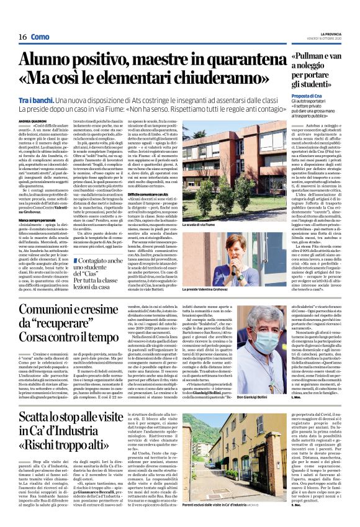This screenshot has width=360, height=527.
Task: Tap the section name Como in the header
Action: [x=40, y=37]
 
